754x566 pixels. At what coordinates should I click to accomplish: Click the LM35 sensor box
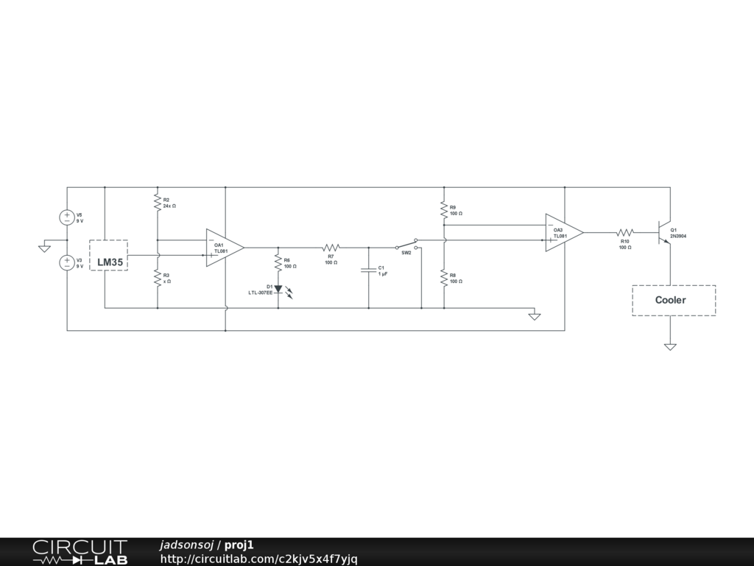108,255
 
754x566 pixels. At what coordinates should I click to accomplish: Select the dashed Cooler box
673,300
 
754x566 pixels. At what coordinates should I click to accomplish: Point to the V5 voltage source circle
67,217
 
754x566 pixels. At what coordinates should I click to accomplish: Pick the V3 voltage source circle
67,262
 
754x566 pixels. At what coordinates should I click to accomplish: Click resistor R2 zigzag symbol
157,202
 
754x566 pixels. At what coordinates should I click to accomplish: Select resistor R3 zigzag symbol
157,278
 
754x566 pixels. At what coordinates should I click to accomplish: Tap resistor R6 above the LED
278,262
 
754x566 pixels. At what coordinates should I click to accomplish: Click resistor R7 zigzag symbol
331,248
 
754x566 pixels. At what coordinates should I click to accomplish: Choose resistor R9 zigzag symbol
444,210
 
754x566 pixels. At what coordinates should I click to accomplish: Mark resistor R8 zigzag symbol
444,278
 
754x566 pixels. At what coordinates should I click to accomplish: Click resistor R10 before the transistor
624,233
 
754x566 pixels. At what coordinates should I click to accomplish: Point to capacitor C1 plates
368,270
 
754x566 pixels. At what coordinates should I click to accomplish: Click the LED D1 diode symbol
278,289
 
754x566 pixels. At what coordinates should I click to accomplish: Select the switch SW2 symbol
406,245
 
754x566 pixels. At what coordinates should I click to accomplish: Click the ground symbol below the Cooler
670,346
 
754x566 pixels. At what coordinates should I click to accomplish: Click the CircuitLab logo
80,552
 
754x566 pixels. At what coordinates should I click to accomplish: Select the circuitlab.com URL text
258,559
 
